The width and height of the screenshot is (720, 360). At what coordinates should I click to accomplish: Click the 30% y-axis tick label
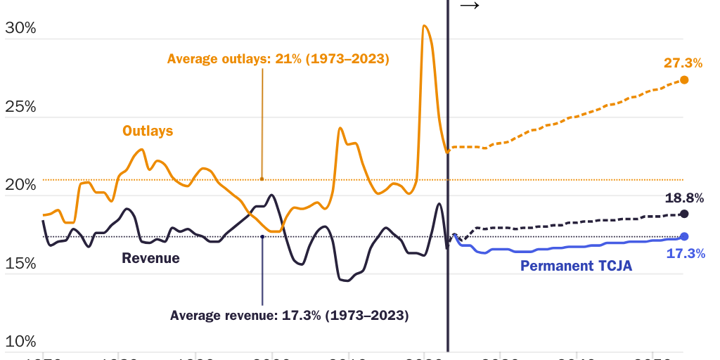point(20,29)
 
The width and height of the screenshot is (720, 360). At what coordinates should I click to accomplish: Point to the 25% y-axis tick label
point(20,107)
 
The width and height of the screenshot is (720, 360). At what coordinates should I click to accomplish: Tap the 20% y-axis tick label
point(20,185)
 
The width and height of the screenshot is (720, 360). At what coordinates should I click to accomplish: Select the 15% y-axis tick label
point(20,264)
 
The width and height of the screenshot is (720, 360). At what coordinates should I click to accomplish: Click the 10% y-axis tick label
point(20,342)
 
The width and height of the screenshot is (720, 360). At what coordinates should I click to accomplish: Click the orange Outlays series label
point(148,131)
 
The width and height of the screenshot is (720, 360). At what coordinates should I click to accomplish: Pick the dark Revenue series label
point(150,258)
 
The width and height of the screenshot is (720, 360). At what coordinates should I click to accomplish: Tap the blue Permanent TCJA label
point(576,266)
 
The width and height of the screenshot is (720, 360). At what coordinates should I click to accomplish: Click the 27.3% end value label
point(683,63)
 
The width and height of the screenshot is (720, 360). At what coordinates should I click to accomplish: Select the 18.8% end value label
point(684,198)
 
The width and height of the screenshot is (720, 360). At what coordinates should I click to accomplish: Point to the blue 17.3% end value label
point(685,254)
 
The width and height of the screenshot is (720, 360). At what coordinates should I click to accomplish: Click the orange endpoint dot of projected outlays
point(684,80)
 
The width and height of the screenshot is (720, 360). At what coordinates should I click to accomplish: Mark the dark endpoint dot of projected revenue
point(684,214)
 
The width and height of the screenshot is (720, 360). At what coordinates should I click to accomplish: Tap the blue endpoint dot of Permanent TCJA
point(684,237)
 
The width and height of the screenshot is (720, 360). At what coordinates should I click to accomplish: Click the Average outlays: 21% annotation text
point(278,59)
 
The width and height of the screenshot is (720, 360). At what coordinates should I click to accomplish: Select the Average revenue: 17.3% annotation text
point(289,314)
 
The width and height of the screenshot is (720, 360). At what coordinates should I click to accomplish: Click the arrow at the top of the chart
point(469,6)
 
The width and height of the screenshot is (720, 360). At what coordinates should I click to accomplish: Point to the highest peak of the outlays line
point(424,26)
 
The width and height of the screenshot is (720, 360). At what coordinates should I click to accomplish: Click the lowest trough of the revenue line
point(345,281)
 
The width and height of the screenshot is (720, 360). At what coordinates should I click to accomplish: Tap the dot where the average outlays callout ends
point(262,179)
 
